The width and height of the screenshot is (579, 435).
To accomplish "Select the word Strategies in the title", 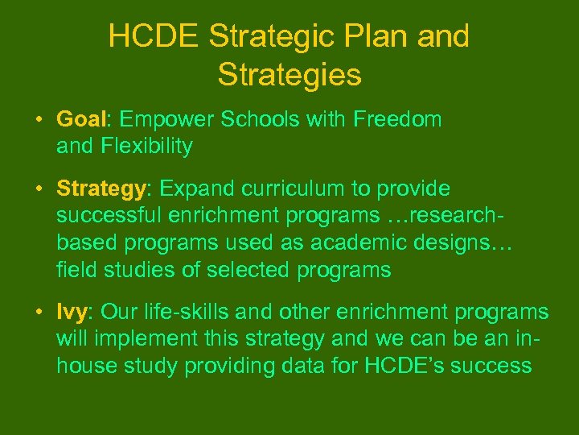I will coord(289,75).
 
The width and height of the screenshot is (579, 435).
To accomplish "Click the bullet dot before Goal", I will coord(39,121).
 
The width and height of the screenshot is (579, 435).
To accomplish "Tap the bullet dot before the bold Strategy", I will coord(39,189).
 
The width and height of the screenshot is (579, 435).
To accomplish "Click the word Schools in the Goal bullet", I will coord(254,120).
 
